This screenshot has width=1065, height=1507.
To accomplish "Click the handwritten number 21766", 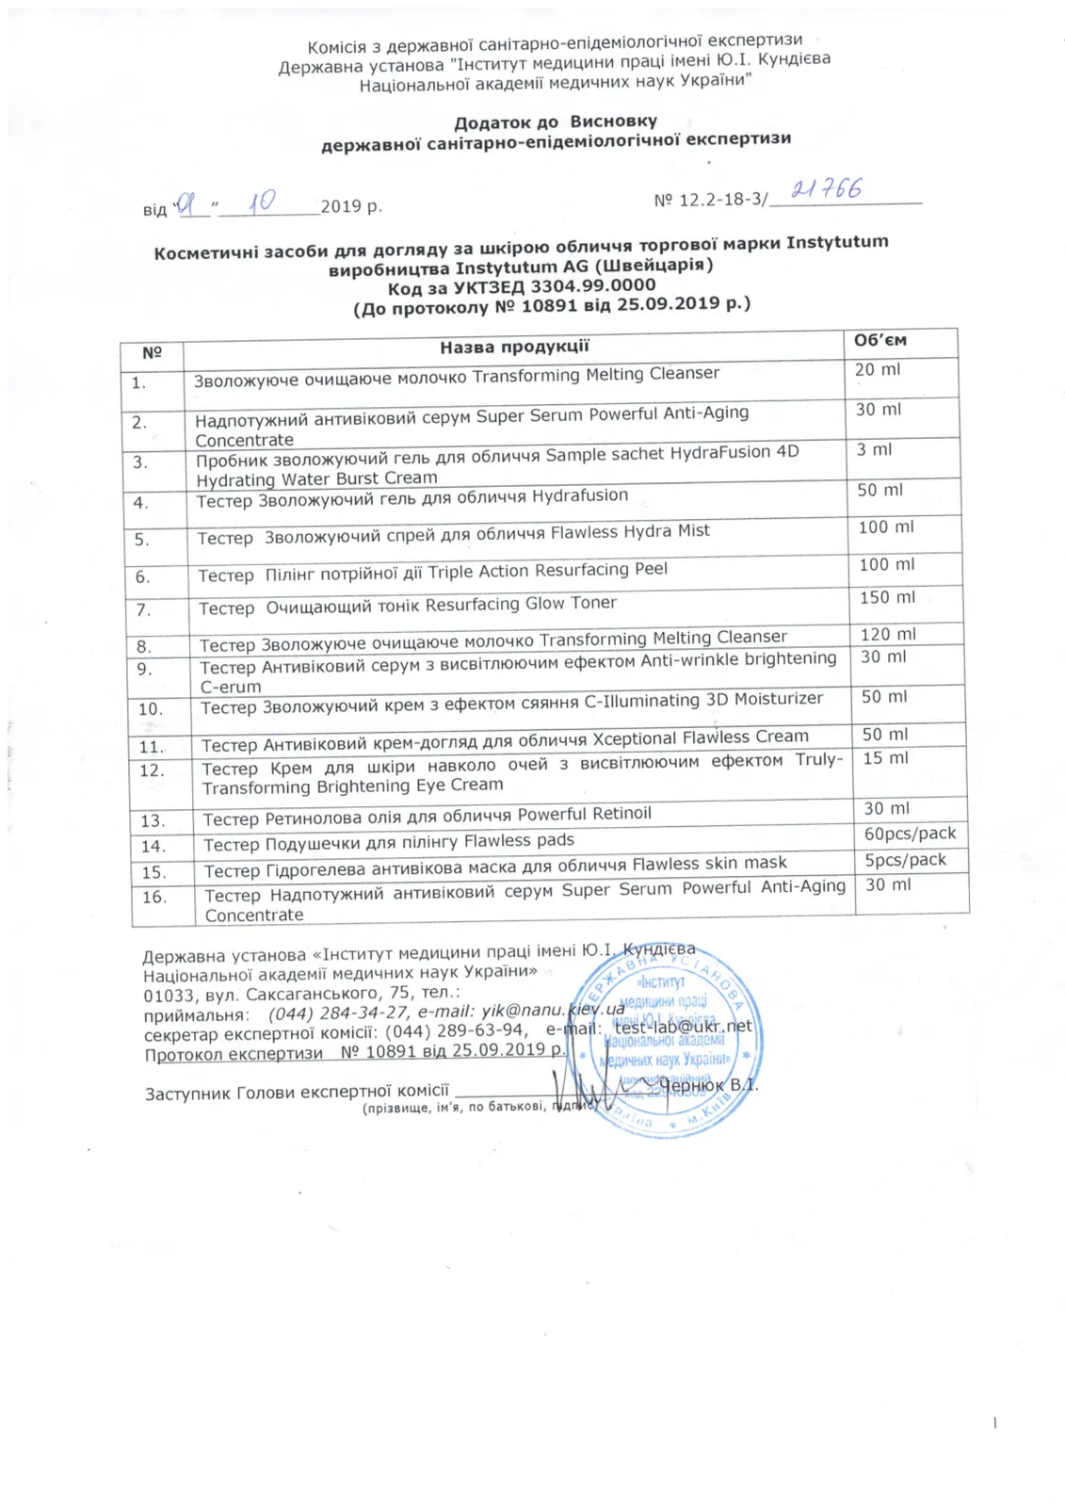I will click(826, 189).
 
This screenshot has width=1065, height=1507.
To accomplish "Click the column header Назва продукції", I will click(514, 347).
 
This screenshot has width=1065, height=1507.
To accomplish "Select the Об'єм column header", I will click(879, 341).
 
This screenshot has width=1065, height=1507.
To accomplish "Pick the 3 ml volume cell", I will click(874, 450).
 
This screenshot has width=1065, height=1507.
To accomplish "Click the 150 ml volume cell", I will click(887, 598).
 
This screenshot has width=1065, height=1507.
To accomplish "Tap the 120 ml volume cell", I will click(888, 635).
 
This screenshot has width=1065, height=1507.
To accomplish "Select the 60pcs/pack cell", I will click(910, 834).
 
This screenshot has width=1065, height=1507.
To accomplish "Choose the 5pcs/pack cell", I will click(905, 860).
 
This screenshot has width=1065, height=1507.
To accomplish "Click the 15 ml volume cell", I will click(885, 758).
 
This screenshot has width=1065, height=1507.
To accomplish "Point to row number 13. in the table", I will click(153, 821).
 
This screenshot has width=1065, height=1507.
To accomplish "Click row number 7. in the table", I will click(143, 610).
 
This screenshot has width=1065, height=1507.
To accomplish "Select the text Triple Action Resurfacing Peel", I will click(547, 571).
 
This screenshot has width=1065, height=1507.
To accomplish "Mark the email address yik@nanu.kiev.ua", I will click(553, 1011).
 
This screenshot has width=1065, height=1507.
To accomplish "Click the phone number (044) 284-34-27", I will click(338, 1013).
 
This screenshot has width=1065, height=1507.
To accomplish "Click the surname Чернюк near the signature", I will click(692, 1086).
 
